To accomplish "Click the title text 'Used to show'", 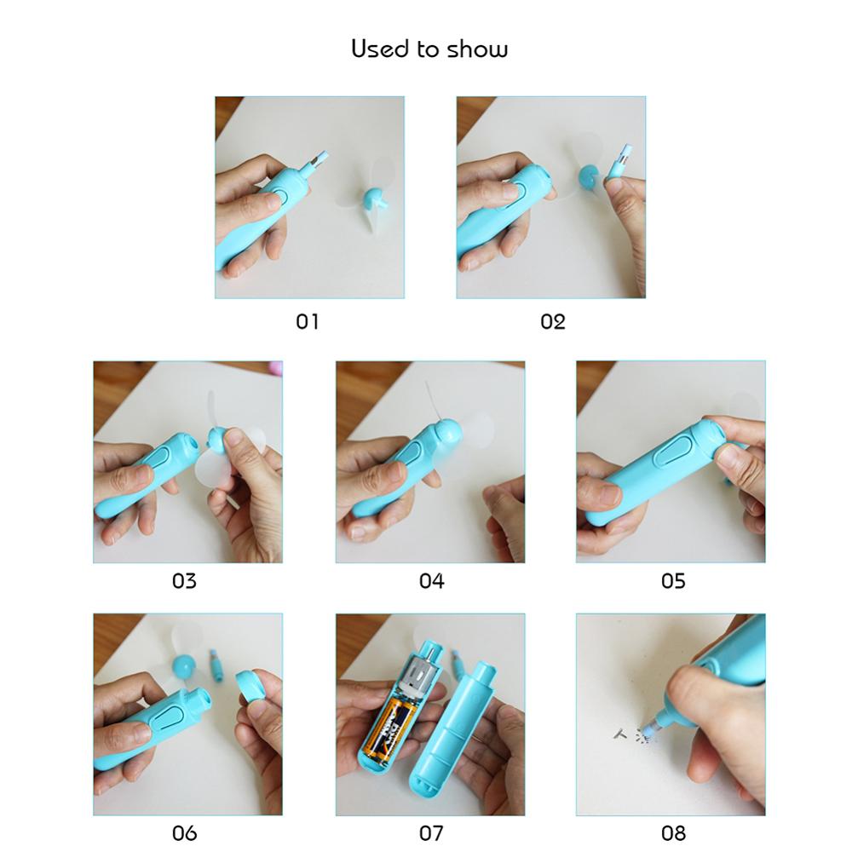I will (x=429, y=49).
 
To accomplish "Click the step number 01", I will (x=307, y=321).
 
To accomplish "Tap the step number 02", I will (x=552, y=321).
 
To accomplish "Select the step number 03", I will (x=184, y=582).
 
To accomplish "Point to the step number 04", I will (x=431, y=582).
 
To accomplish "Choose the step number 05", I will (x=673, y=582).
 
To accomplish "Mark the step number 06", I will (x=184, y=832).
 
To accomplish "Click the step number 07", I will (x=431, y=832).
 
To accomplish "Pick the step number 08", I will (x=673, y=832).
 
